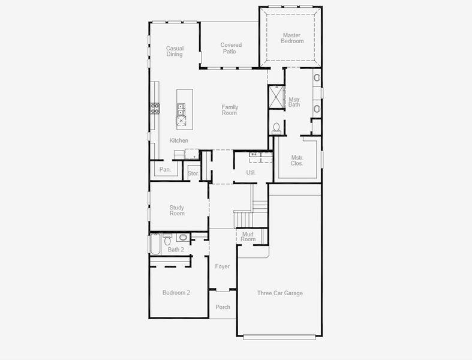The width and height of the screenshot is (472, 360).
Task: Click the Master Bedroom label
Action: click(x=292, y=38)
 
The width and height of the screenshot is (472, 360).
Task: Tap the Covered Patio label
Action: click(x=231, y=48)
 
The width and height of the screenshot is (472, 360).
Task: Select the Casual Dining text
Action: click(x=175, y=51)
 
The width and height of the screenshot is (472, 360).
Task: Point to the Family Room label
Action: click(x=230, y=110)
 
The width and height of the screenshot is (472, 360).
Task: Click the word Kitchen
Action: click(x=179, y=140)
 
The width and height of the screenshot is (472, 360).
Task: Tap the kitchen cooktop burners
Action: click(x=155, y=108)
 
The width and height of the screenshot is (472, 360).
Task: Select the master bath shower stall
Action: click(x=276, y=97)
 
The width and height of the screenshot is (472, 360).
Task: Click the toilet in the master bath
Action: click(x=276, y=127)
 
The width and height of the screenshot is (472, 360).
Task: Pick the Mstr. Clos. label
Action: click(x=297, y=160)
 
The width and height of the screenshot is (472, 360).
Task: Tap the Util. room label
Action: click(x=251, y=172)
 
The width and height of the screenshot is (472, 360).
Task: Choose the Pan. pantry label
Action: click(x=165, y=170)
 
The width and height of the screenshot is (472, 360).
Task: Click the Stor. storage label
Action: click(x=193, y=173)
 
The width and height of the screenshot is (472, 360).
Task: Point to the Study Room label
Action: click(x=177, y=210)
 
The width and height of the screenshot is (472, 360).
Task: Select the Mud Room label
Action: click(x=248, y=236)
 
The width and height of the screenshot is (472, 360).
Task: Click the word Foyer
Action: click(x=223, y=266)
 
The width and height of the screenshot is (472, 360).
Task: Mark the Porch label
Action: click(x=223, y=307)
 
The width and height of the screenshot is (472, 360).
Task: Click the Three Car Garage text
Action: click(x=280, y=293)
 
